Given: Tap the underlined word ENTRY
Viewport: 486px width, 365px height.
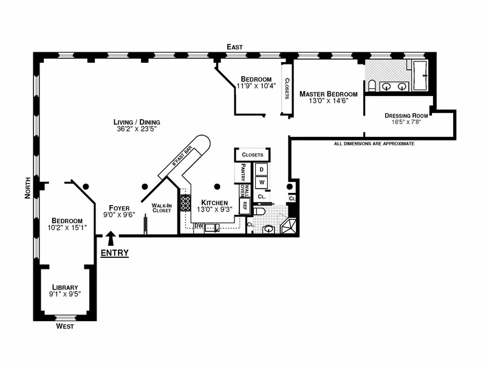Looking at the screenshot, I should tap(114, 253).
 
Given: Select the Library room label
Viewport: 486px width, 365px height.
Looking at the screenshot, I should tap(65, 287).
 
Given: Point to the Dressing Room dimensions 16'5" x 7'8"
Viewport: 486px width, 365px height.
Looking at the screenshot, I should tap(406, 122).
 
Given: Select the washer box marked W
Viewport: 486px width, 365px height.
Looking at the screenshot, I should tap(262, 182).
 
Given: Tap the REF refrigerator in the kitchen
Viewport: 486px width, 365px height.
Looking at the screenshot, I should tap(245, 206).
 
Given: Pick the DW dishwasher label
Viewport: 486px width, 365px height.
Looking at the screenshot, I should tap(198, 226).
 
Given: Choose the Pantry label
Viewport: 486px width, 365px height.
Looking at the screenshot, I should tap(243, 172).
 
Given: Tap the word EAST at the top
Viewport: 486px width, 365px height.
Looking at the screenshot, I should tap(234, 46).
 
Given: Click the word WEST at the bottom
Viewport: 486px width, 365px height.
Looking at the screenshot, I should tap(65, 327).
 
